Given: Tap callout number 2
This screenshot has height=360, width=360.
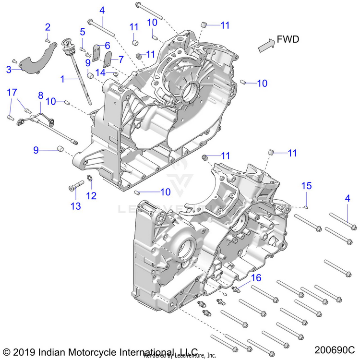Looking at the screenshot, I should pos(48,26).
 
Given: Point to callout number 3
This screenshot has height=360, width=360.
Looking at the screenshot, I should pos(9,70).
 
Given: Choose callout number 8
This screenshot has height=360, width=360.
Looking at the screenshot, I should pos(40,95).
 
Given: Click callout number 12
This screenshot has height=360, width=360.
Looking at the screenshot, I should pos(91,195).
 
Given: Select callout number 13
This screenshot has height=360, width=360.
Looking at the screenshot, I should pos(76,206).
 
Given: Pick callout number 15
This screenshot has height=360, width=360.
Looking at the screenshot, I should pos(306,186).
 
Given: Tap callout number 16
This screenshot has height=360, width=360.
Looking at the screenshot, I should pos(256,277).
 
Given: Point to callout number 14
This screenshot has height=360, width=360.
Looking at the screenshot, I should pos(100,72).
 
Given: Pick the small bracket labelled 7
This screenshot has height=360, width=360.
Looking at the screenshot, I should pos(107,60).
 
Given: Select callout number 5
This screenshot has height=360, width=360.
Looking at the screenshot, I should pos(83,32).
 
